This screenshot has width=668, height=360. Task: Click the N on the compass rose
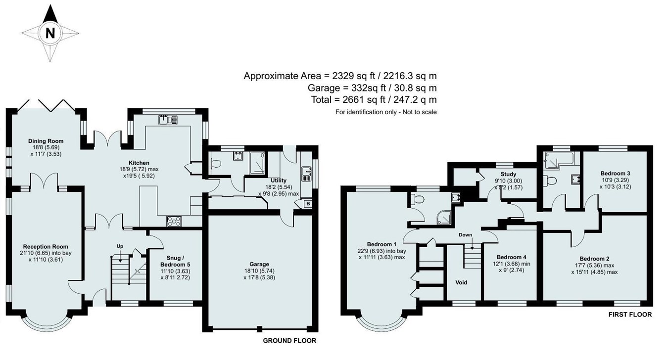50,33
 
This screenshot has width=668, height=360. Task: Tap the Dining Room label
46,141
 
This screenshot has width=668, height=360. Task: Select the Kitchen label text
139,163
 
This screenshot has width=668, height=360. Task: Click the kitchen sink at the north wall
168,120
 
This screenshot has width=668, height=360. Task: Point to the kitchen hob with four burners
174,222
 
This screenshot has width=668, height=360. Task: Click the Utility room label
279,180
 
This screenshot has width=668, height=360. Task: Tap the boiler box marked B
308,204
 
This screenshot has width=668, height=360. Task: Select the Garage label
259,264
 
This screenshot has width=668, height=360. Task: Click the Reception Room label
46,246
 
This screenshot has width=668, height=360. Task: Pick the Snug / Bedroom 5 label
175,261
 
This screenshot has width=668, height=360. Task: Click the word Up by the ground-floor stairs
120,246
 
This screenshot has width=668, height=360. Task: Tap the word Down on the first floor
466,234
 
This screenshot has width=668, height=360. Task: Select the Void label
461,282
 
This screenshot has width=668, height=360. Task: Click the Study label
509,174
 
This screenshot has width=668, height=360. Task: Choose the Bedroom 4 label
512,257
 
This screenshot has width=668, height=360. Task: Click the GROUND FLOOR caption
289,340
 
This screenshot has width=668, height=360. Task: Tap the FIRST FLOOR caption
630,314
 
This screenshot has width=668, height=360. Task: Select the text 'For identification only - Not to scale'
386,112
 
